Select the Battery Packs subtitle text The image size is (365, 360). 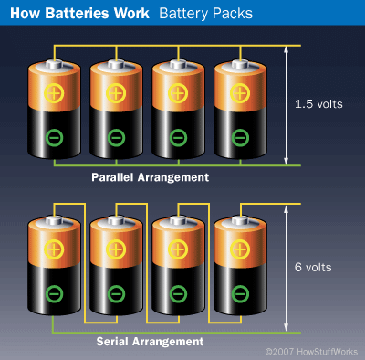pos(202,14)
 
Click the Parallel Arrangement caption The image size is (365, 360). pos(150,176)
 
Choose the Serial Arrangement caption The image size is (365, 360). pos(150,341)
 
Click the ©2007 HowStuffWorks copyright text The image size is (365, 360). pos(310,352)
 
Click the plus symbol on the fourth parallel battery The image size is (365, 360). pos(239,92)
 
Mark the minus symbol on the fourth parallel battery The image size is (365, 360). pos(239,138)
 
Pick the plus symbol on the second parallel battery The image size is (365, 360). pos(115,92)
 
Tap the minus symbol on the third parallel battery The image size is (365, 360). pos(177,138)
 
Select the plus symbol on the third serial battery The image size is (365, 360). pos(177,249)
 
